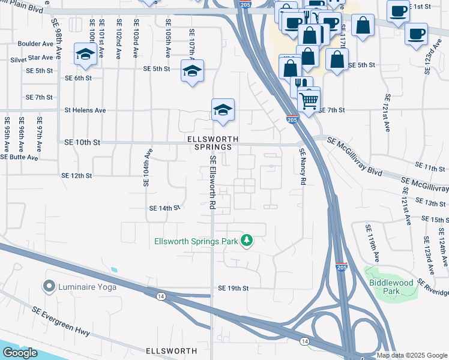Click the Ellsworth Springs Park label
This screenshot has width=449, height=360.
coord(196,241)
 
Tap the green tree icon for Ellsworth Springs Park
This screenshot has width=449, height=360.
coord(246,241)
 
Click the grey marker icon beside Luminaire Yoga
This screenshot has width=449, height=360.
coord(49,286)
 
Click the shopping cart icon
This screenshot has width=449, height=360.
coord(309,100)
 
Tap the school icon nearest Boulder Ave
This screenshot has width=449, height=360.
coord(86,54)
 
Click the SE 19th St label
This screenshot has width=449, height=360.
coord(233,288)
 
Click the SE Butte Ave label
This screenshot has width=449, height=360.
coord(19,157)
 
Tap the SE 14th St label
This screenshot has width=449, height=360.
coord(164,208)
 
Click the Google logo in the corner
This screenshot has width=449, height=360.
coord(19,352)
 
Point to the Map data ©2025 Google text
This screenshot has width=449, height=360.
coord(411,355)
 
